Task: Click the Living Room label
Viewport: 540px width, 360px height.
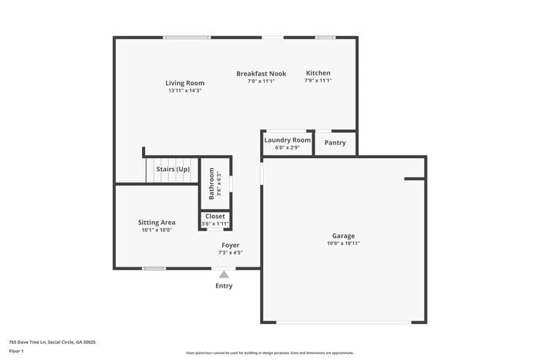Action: click(184, 83)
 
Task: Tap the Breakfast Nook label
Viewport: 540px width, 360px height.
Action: click(261, 74)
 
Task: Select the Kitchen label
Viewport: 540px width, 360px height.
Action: click(318, 73)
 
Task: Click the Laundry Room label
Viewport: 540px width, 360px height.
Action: click(287, 140)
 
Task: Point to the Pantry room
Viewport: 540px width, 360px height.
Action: click(335, 143)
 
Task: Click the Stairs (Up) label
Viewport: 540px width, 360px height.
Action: click(173, 169)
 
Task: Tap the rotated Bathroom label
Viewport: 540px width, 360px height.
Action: click(211, 183)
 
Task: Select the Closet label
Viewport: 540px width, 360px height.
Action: click(215, 217)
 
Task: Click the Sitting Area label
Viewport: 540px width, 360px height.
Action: click(157, 223)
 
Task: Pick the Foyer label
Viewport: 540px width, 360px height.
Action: click(230, 245)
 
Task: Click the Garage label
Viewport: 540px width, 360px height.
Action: click(343, 236)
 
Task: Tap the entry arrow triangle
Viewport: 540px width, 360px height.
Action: click(224, 274)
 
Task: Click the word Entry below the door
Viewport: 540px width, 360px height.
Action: click(224, 286)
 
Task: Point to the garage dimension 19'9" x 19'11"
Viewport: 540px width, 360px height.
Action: click(343, 244)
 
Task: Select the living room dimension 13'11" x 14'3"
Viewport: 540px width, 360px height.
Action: click(184, 91)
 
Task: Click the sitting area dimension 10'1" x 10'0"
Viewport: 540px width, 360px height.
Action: click(157, 230)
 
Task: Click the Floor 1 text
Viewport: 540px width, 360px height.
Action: click(16, 352)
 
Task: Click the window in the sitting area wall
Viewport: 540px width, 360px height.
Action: click(154, 268)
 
